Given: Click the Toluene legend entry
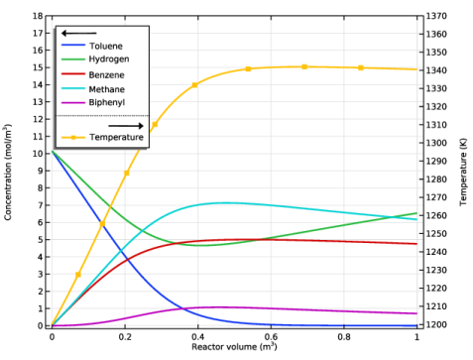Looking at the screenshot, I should coord(106,47).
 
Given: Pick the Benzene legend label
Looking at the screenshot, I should coord(107,73).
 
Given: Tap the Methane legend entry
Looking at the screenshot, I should coord(107,87).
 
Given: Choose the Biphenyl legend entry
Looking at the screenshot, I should coord(107,101).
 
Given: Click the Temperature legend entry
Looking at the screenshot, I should coord(116,137).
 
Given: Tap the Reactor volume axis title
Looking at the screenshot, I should coord(234,348).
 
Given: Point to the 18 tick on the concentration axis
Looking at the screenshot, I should coord(37,16).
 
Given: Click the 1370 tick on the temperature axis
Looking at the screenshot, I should coord(436,16).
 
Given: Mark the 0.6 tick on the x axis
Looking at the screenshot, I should coord(270,337).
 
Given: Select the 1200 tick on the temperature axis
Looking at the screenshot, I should coord(436,325).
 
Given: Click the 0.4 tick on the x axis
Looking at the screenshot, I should coord(197,337).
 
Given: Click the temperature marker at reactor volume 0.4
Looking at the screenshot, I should coord(194,85).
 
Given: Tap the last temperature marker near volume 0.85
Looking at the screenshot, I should coord(361,67).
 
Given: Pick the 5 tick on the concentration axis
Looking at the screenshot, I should coord(40,239).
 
